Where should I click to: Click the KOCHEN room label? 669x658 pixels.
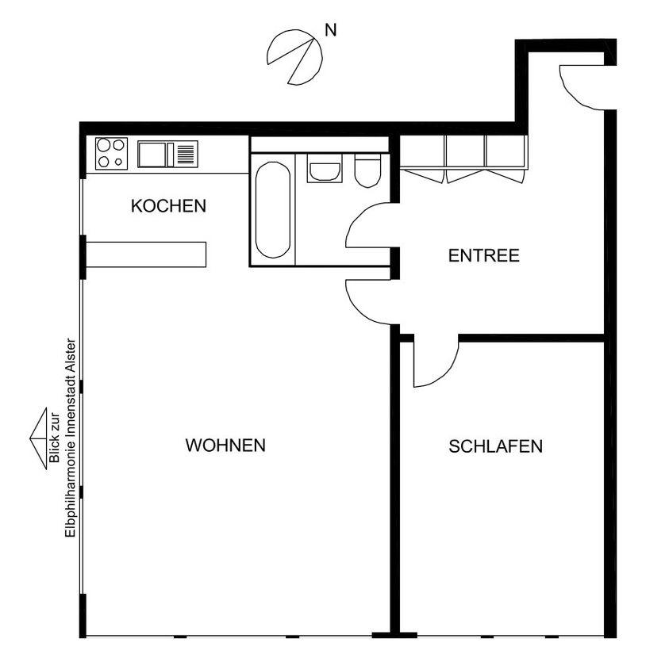click(168, 206)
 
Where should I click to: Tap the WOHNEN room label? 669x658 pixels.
click(225, 446)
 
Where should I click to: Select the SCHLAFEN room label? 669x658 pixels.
click(495, 446)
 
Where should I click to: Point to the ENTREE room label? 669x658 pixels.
click(484, 256)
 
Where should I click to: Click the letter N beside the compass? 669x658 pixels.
click(331, 30)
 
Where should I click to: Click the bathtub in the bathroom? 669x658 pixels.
click(273, 209)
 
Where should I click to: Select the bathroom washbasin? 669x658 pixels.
click(325, 168)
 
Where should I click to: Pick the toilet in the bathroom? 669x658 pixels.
click(367, 170)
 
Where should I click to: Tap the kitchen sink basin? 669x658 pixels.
click(152, 155)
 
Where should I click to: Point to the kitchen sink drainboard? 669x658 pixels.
click(186, 155)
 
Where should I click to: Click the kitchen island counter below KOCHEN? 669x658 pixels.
click(146, 254)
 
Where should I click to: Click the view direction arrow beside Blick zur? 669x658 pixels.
click(38, 439)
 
